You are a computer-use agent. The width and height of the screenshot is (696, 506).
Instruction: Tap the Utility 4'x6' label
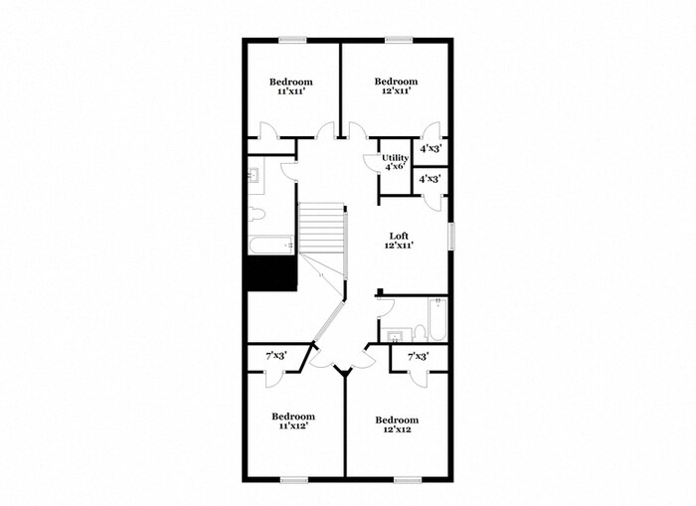click(x=395, y=162)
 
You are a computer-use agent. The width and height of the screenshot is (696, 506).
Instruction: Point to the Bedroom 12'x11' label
click(x=396, y=85)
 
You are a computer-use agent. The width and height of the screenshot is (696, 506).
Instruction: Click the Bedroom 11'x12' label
click(x=294, y=421)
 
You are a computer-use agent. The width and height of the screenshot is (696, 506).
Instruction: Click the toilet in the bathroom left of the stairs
click(x=258, y=213)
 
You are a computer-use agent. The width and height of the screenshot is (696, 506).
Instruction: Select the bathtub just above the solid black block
click(x=271, y=244)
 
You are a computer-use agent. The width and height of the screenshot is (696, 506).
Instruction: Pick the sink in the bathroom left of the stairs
click(x=254, y=177)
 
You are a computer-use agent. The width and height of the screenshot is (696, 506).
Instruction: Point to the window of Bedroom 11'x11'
click(x=292, y=40)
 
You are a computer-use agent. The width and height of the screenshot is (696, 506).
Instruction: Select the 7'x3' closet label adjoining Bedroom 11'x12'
click(x=276, y=356)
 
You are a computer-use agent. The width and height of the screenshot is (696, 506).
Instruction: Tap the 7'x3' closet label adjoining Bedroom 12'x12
click(x=419, y=356)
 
